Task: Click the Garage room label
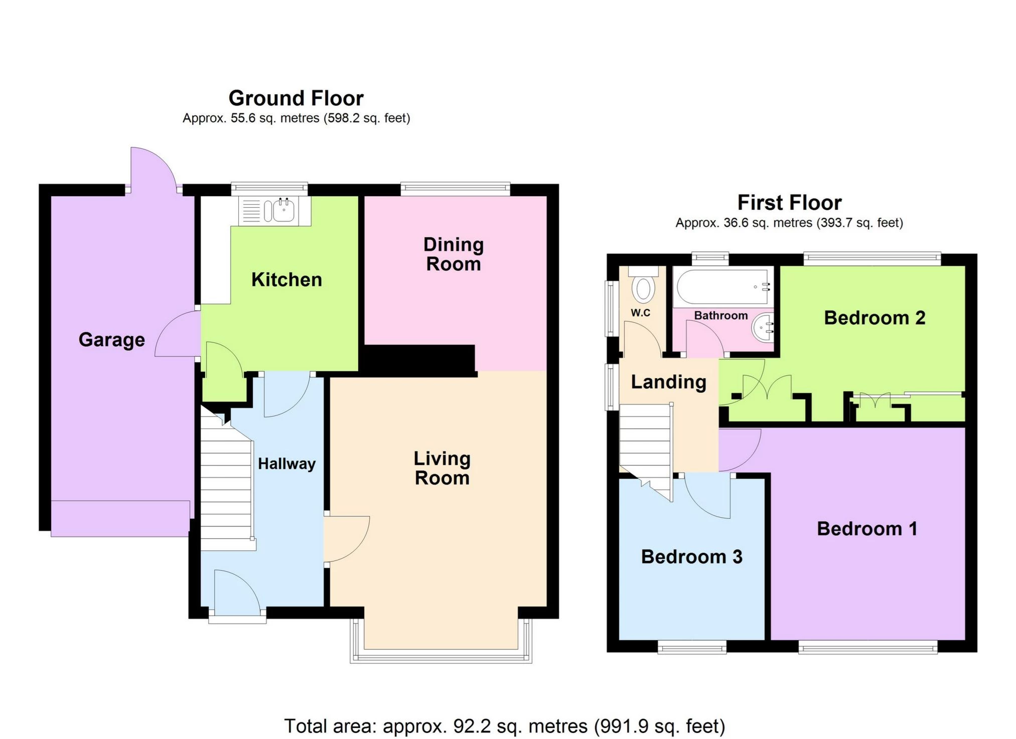point(112,340)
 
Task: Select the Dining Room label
point(454,254)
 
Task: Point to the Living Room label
point(442,468)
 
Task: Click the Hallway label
point(286,464)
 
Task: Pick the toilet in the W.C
point(643,284)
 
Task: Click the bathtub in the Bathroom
point(723,286)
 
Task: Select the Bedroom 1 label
point(867,529)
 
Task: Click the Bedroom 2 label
point(875,318)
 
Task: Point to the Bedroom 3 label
point(691,557)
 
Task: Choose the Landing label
point(668,382)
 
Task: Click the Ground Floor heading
point(296,98)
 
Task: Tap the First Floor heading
point(789,203)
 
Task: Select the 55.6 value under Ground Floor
point(243,118)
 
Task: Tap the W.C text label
point(640,313)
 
